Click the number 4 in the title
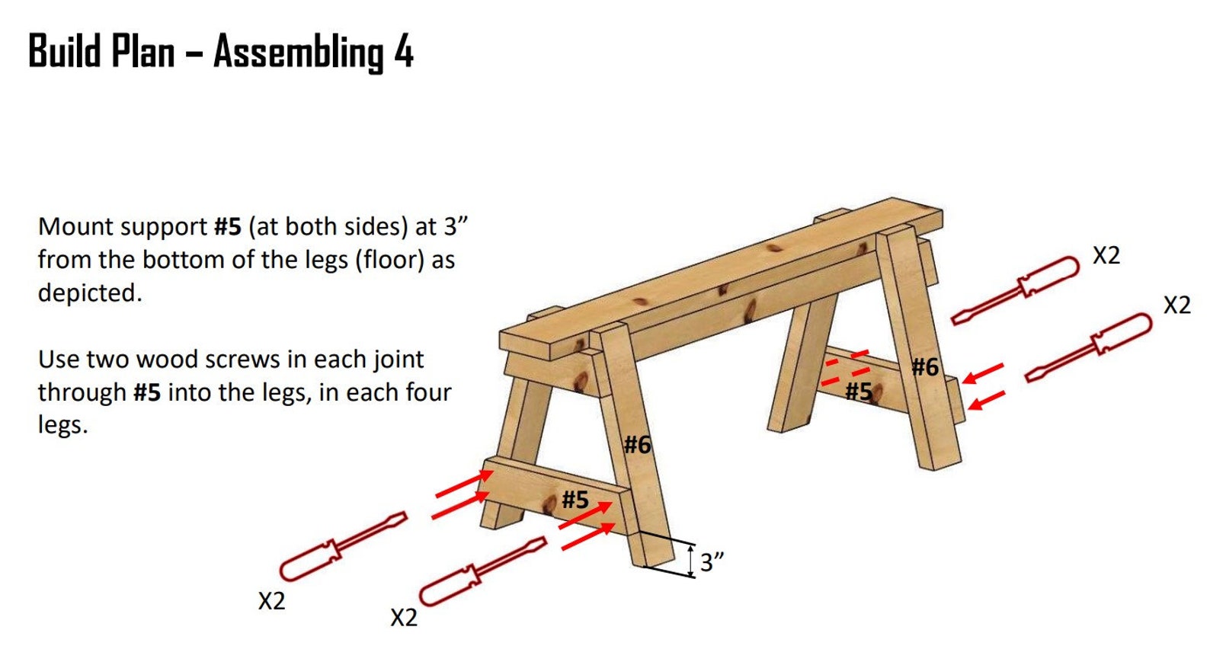coord(403,52)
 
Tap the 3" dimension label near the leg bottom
coord(712,562)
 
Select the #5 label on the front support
coord(575,500)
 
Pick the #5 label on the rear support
coord(858,392)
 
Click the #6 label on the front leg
coord(638,444)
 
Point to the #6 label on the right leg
coord(925,367)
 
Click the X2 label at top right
coord(1106,256)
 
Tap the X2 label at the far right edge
coord(1176,305)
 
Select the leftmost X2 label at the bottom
coord(271,601)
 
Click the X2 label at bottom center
coord(404,617)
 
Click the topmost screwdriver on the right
coord(1016,290)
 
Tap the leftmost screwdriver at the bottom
coord(342,546)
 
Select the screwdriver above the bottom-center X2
coord(482,571)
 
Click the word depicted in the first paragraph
coord(89,293)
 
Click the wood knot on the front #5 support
coord(549,504)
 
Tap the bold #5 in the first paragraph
coord(227,226)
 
